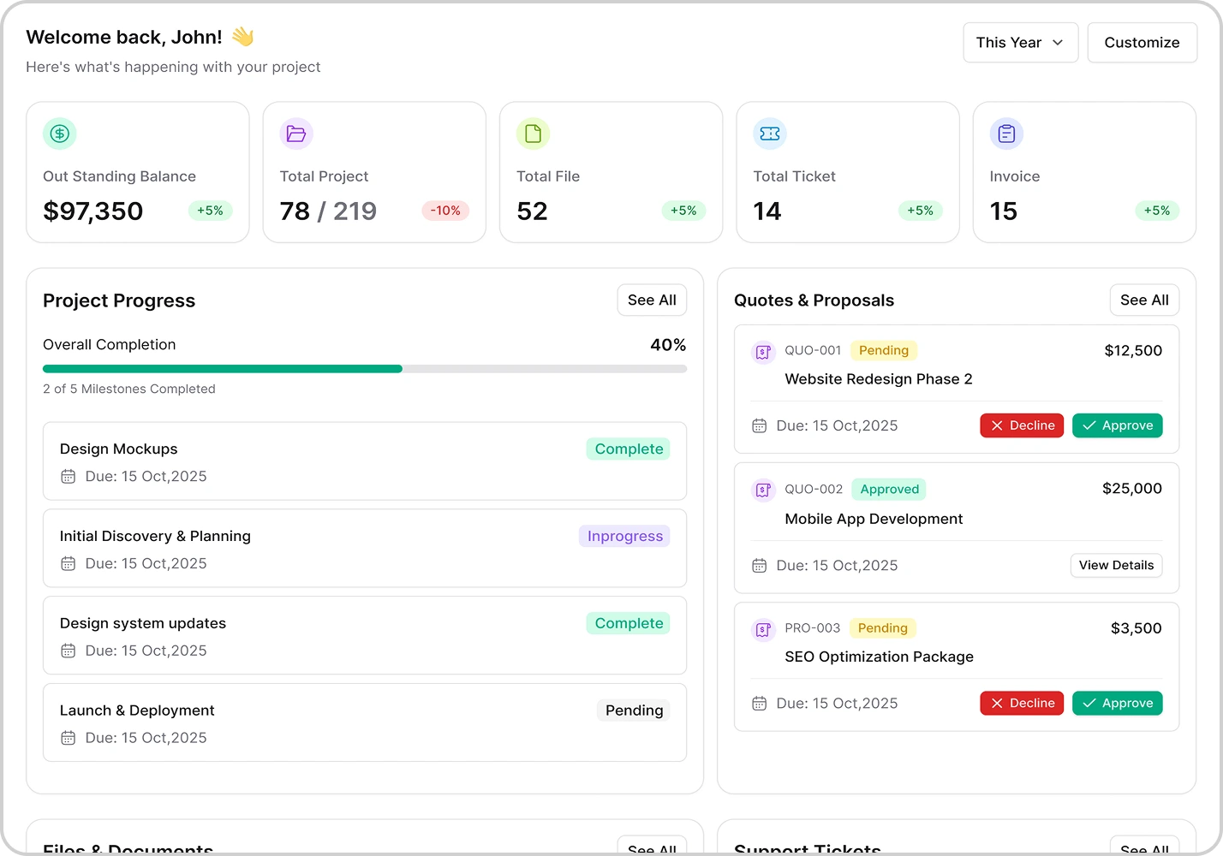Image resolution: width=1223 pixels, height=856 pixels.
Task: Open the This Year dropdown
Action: tap(1020, 43)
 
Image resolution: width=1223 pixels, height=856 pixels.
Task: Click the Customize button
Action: tap(1142, 43)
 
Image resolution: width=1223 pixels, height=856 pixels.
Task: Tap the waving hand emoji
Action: tap(242, 37)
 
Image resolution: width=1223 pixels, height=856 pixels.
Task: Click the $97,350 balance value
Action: tap(93, 211)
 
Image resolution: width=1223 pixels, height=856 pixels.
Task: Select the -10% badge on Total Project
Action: tap(445, 211)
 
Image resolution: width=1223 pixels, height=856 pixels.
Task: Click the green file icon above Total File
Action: tap(533, 134)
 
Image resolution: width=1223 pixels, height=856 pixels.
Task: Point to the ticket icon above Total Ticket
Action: tap(769, 134)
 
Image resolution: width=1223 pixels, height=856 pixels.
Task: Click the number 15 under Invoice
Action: tap(1003, 211)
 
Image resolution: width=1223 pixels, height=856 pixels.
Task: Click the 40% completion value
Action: tap(668, 345)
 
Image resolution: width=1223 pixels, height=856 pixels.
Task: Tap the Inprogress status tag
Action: tap(624, 537)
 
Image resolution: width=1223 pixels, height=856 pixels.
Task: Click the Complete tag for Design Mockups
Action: tap(629, 449)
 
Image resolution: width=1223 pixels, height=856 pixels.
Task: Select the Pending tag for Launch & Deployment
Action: tap(634, 710)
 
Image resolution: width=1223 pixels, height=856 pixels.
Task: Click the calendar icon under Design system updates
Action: tap(69, 651)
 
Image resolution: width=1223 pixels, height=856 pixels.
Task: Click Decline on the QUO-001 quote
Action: tap(1022, 425)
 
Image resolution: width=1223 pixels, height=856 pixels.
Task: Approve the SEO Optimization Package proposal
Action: tap(1117, 703)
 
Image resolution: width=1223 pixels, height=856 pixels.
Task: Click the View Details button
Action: tap(1116, 566)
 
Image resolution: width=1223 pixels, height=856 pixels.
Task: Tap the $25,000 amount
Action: tap(1131, 489)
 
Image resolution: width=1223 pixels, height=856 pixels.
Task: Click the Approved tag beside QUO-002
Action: tap(889, 490)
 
